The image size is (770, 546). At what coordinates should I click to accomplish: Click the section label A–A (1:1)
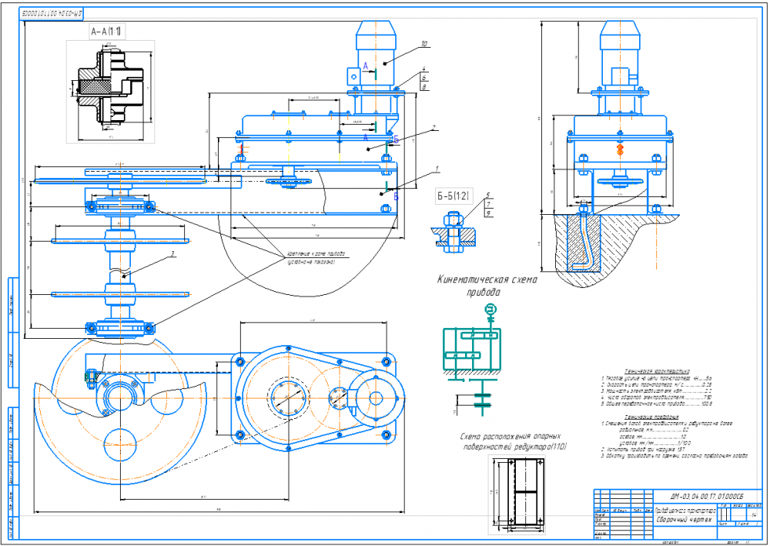107,32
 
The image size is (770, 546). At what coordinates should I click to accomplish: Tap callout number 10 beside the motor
423,44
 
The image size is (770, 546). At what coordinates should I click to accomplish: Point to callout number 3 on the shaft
172,252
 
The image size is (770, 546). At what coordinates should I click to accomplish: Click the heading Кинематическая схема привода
487,286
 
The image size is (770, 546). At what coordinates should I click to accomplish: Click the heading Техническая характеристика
646,370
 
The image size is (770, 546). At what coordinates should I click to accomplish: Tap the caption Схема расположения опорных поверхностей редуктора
512,442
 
